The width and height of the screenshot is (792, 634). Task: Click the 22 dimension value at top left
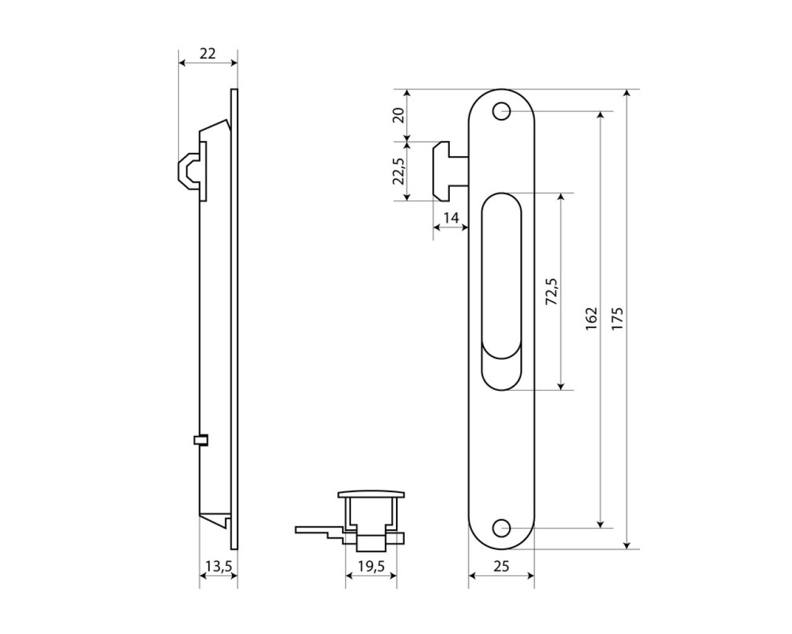(207, 54)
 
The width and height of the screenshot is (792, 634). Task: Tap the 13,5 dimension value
(218, 567)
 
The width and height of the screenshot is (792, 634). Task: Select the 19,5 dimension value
(371, 567)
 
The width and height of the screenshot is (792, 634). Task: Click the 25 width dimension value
(501, 567)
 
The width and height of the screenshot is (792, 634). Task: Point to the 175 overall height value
(617, 318)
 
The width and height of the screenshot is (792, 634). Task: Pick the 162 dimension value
(592, 318)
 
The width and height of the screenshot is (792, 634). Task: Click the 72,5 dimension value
(552, 292)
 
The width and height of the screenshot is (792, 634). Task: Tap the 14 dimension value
(451, 218)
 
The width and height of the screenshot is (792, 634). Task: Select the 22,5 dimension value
(399, 171)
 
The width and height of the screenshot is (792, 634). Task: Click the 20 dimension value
(399, 115)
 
